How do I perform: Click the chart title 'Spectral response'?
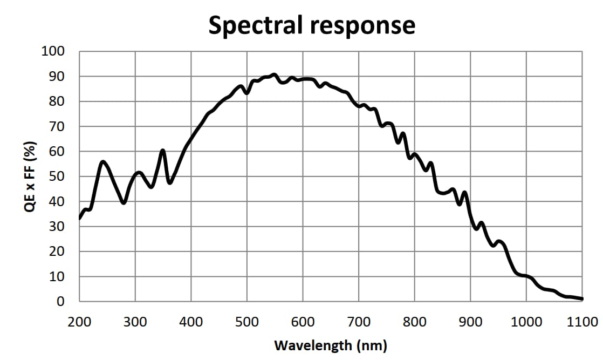(312, 25)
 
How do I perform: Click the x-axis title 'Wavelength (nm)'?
(331, 345)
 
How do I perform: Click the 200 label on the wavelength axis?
(79, 322)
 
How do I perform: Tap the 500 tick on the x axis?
(247, 322)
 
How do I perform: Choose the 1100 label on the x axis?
(583, 322)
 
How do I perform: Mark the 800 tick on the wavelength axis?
(415, 322)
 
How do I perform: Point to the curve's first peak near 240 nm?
(103, 161)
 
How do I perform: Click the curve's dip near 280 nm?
(124, 202)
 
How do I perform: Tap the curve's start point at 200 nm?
(80, 218)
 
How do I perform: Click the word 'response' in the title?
(362, 26)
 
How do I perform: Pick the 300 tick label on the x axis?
(135, 322)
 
